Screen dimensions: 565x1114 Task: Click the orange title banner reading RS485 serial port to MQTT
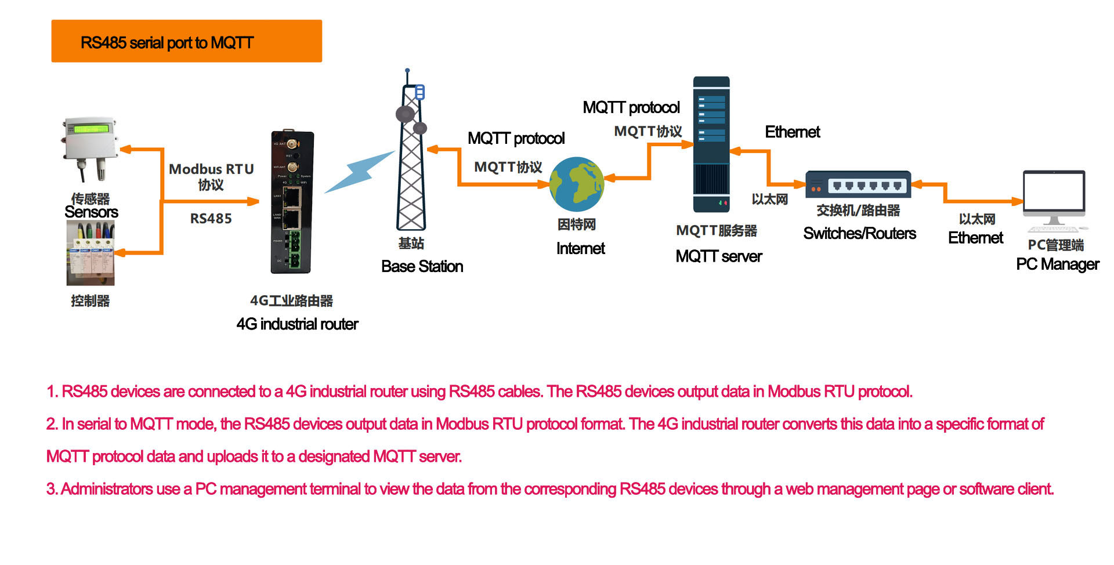186,41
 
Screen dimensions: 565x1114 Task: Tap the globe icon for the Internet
576,184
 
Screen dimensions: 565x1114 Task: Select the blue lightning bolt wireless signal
359,172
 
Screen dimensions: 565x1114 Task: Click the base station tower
411,157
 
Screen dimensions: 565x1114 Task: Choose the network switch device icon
858,184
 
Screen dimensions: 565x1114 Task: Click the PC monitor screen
1054,191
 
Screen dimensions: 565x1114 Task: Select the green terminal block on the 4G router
295,249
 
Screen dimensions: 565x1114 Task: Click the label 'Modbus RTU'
211,169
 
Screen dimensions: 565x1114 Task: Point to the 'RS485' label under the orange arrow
211,219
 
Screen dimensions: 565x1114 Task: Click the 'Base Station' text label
422,266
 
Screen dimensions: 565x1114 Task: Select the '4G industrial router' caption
297,324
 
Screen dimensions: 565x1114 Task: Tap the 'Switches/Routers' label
859,233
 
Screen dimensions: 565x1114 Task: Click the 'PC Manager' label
1057,265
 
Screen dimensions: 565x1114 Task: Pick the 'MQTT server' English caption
718,256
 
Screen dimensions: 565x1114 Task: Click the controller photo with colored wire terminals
91,254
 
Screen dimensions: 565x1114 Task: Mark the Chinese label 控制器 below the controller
90,300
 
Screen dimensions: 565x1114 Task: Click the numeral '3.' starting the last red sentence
52,489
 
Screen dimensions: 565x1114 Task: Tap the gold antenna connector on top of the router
292,143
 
